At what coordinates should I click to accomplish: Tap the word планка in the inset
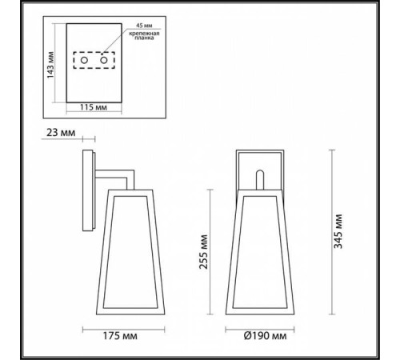pyautogui.click(x=142, y=42)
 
